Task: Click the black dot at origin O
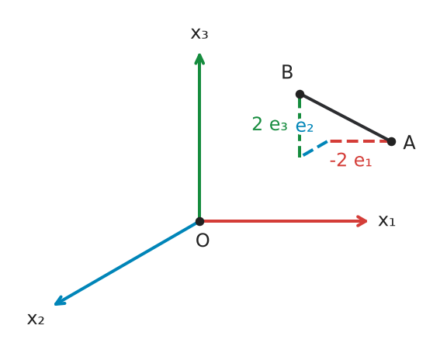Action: pos(199,221)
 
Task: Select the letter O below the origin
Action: pos(203,241)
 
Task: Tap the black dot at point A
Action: pos(391,141)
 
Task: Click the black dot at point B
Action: pos(300,94)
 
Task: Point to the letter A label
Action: pos(409,143)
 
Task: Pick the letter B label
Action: pos(287,72)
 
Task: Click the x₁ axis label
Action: pos(386,221)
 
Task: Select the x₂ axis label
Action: pos(36,319)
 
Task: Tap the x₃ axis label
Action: pos(199,33)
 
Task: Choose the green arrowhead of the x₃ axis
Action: pos(199,59)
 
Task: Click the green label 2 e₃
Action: pos(270,124)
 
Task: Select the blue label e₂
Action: pos(304,126)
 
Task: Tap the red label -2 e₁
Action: pos(351,160)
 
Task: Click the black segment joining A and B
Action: pos(345,118)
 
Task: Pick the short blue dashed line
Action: pos(315,148)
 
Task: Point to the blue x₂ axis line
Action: pos(126,263)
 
